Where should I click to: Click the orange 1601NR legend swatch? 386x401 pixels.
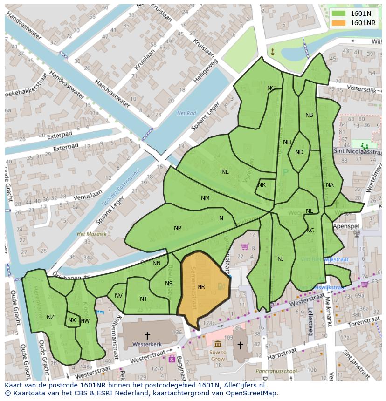[x=339, y=23]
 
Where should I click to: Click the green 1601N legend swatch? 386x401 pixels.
[x=339, y=14]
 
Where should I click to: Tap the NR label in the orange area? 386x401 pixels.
[x=201, y=287]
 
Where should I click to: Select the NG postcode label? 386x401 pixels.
[x=271, y=88]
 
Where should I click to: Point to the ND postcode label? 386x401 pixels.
[x=299, y=152]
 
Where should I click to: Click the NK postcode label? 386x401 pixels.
[x=262, y=185]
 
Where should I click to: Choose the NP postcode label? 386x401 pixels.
[x=178, y=228]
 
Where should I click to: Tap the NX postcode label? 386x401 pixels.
[x=72, y=320]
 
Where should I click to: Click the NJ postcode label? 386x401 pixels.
[x=281, y=259]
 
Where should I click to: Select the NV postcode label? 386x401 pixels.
[x=118, y=296]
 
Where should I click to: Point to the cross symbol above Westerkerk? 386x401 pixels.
[x=147, y=335]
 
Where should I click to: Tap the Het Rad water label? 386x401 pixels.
[x=186, y=113]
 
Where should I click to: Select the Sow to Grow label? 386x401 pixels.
[x=218, y=356]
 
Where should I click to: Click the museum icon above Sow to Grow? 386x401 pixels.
[x=218, y=344]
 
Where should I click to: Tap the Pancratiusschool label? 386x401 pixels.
[x=276, y=371]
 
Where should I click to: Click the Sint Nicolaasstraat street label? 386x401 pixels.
[x=357, y=151]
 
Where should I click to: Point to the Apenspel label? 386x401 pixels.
[x=346, y=226]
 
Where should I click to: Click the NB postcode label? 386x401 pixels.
[x=309, y=115]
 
